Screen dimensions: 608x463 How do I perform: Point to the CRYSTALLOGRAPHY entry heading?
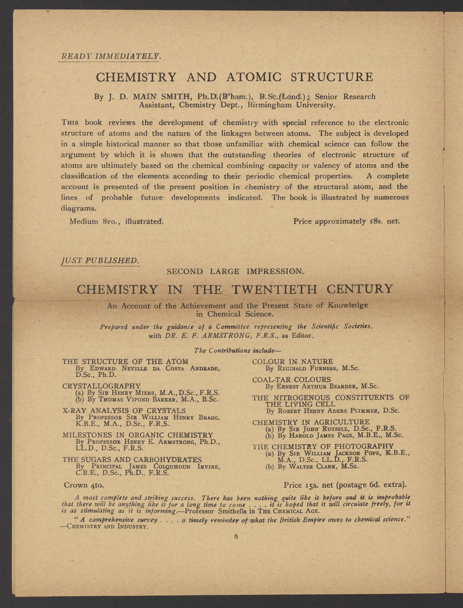(x=101, y=386)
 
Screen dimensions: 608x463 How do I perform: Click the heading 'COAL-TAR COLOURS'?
(x=291, y=380)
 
